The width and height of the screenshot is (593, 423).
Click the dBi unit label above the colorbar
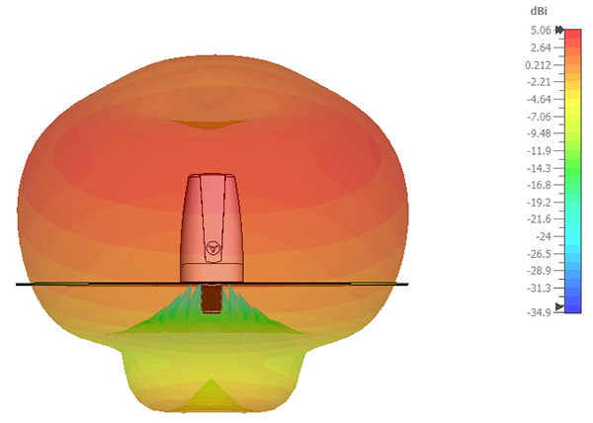tap(539, 11)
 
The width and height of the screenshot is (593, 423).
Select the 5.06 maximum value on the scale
tap(541, 31)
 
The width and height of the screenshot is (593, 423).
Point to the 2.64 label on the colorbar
tap(541, 47)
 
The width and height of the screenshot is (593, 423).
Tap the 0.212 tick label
tap(539, 65)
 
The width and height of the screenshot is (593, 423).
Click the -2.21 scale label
tap(540, 82)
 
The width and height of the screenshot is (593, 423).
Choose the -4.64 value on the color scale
tap(540, 100)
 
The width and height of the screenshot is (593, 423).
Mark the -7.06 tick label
tap(540, 117)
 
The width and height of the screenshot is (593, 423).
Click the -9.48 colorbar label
tap(540, 133)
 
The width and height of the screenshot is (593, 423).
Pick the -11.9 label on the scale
tap(540, 151)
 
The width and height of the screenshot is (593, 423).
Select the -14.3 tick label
tap(540, 168)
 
